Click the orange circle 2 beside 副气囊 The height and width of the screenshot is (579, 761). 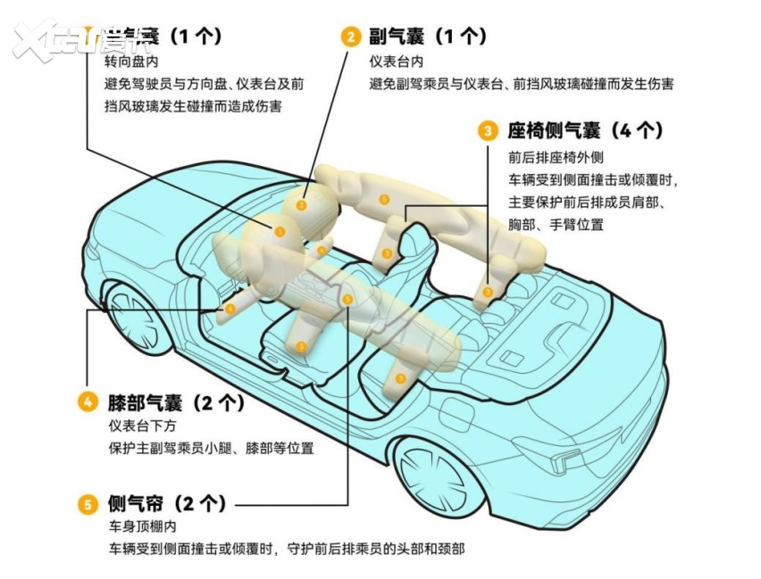coord(351,37)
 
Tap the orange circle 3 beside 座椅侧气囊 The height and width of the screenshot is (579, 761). coord(488,131)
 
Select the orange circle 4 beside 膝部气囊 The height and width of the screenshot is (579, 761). coord(88,401)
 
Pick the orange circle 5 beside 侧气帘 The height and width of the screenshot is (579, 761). coord(88,505)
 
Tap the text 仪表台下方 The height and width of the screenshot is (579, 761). coord(140,426)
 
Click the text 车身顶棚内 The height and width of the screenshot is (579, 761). coord(140,527)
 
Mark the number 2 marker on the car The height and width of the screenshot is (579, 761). coord(302,206)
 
